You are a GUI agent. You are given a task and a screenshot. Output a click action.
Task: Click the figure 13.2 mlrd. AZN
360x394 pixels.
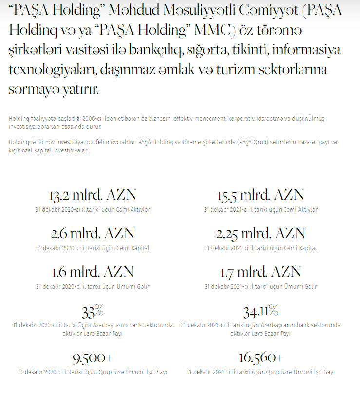(92, 195)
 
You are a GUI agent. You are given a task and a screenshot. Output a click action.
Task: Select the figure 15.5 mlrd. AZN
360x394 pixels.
(261, 195)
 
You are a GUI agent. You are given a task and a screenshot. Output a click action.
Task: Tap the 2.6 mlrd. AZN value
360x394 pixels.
(92, 233)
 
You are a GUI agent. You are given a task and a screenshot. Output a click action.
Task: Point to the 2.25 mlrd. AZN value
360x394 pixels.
(261, 233)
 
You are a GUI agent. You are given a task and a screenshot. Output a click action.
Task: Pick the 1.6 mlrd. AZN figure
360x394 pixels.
(92, 272)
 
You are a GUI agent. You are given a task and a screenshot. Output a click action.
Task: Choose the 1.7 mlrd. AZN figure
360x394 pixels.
(261, 272)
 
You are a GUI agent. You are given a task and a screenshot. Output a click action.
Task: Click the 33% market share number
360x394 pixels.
(92, 310)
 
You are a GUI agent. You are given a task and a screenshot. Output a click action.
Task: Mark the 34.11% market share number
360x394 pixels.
(261, 310)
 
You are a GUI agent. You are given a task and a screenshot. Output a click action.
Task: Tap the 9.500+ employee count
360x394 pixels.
(92, 358)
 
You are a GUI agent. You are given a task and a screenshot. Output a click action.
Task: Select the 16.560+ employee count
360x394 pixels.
(261, 358)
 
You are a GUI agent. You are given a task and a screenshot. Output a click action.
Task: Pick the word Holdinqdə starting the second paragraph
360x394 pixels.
(22, 142)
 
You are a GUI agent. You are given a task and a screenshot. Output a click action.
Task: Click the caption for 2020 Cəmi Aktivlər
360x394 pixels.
(92, 209)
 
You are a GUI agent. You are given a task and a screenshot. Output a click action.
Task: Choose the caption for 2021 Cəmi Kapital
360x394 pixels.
(261, 248)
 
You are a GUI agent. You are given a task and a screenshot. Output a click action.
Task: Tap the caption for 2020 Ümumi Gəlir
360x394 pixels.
(92, 286)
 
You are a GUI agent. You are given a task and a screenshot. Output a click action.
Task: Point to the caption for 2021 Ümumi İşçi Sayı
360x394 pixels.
(261, 372)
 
